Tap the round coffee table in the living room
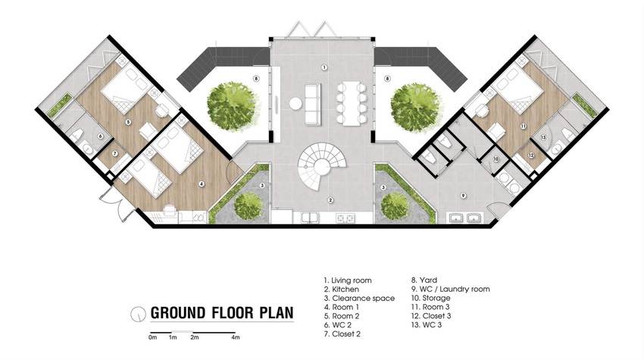tap(295, 103)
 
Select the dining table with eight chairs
tap(351, 103)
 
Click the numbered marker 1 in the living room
tap(324, 67)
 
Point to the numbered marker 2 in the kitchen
tap(330, 200)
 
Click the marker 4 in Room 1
tap(202, 184)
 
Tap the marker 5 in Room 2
tap(128, 122)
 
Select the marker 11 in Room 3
tap(523, 126)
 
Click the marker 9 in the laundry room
tap(463, 196)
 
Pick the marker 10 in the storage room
tap(496, 158)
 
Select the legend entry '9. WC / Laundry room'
tap(451, 289)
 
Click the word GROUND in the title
tap(178, 313)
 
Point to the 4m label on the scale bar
tap(236, 337)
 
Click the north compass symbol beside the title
tap(138, 315)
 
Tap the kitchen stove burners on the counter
tap(345, 218)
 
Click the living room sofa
tap(313, 103)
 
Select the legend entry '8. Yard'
tap(424, 280)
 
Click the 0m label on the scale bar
tap(153, 337)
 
